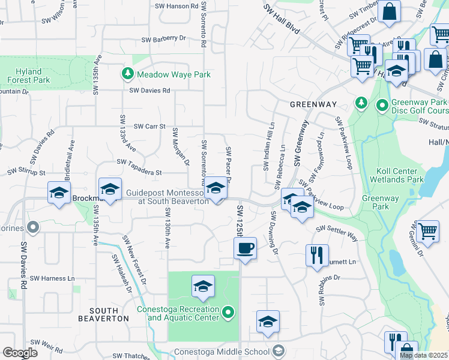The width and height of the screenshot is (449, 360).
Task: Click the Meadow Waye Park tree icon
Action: pos(128,74)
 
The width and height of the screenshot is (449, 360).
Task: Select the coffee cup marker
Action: pos(245,248)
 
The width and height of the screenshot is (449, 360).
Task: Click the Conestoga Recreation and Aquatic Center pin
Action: pos(228,313)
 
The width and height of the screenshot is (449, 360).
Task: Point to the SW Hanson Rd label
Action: pos(176,6)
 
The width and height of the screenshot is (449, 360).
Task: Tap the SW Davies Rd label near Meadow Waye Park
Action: pos(150,91)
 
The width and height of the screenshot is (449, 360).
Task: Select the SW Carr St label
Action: pos(149,127)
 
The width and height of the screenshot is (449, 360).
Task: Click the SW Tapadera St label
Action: pos(139,162)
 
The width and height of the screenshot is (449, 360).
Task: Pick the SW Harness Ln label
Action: pos(53,278)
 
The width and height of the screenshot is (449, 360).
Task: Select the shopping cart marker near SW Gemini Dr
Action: pos(427,231)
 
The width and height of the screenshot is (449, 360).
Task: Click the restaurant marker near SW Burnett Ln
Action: pos(317,255)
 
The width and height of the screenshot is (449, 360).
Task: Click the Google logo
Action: pos(20,353)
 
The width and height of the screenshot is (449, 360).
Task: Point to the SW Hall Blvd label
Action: pos(282,17)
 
